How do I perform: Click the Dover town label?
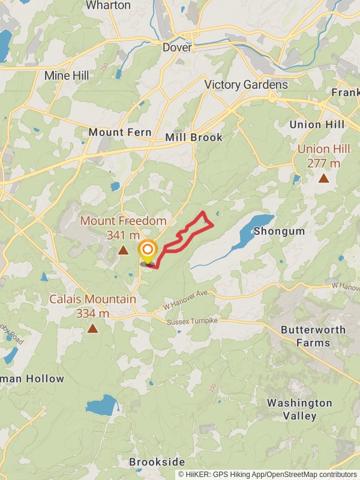(x=177, y=47)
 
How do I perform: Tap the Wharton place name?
(x=108, y=5)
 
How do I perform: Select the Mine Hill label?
(x=67, y=76)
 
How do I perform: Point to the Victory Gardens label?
(x=246, y=85)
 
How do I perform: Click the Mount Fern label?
(x=115, y=132)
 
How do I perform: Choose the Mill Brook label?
(x=194, y=137)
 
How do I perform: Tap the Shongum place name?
(x=279, y=231)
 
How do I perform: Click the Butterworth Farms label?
(x=313, y=336)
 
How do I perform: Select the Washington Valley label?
(x=299, y=409)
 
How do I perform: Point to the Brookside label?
(x=157, y=462)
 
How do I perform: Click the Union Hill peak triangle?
(x=323, y=178)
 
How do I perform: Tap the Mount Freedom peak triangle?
(x=123, y=250)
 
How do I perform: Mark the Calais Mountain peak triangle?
(x=92, y=328)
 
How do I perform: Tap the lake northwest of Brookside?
(x=101, y=406)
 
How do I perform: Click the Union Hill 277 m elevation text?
(x=323, y=156)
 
